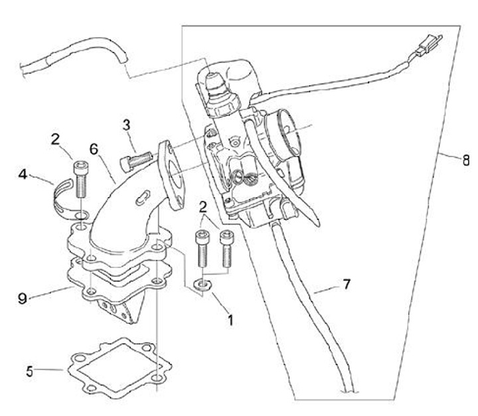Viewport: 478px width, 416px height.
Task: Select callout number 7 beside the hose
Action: pyautogui.click(x=347, y=283)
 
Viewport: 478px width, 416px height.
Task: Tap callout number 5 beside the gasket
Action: pyautogui.click(x=29, y=370)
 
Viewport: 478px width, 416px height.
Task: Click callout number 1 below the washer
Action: pyautogui.click(x=230, y=320)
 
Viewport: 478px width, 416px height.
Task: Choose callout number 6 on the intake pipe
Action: pyautogui.click(x=95, y=149)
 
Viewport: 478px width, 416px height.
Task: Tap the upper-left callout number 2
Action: pyautogui.click(x=56, y=139)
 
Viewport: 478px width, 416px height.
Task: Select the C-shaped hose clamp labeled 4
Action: pyautogui.click(x=63, y=197)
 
